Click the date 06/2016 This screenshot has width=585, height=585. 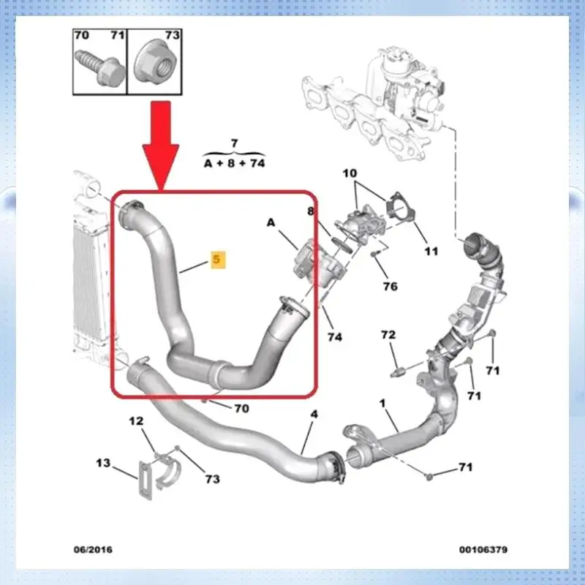[93, 549]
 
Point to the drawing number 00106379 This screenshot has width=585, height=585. [483, 549]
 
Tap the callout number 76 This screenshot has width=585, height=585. [390, 286]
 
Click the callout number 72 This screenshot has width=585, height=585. [388, 335]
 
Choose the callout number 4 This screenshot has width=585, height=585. [314, 414]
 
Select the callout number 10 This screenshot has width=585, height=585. [351, 173]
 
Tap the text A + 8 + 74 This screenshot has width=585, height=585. [234, 164]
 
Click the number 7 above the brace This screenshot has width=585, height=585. [234, 142]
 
